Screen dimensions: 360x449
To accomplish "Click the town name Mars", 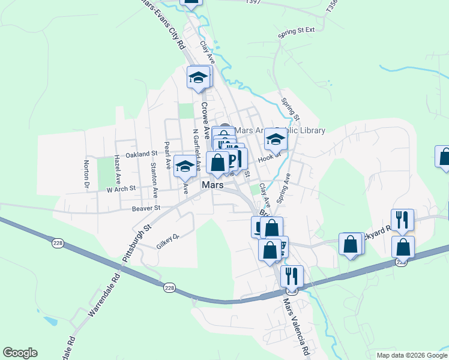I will tap(213, 185).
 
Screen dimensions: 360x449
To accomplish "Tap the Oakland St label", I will tap(141, 154).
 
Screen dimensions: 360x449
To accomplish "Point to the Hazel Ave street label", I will tap(118, 170).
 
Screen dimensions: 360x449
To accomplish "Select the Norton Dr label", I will tap(87, 173).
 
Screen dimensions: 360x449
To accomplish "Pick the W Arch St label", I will tap(122, 188).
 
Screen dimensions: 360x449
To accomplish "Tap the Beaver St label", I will tap(146, 208).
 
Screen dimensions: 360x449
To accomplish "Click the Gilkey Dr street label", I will tap(168, 241).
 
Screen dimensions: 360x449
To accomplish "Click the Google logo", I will tap(20, 353).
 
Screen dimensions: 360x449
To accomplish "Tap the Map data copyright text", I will tap(411, 355).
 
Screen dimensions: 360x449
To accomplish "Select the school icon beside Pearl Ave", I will tap(185, 166).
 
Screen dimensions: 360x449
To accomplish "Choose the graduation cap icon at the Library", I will tap(276, 139).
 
